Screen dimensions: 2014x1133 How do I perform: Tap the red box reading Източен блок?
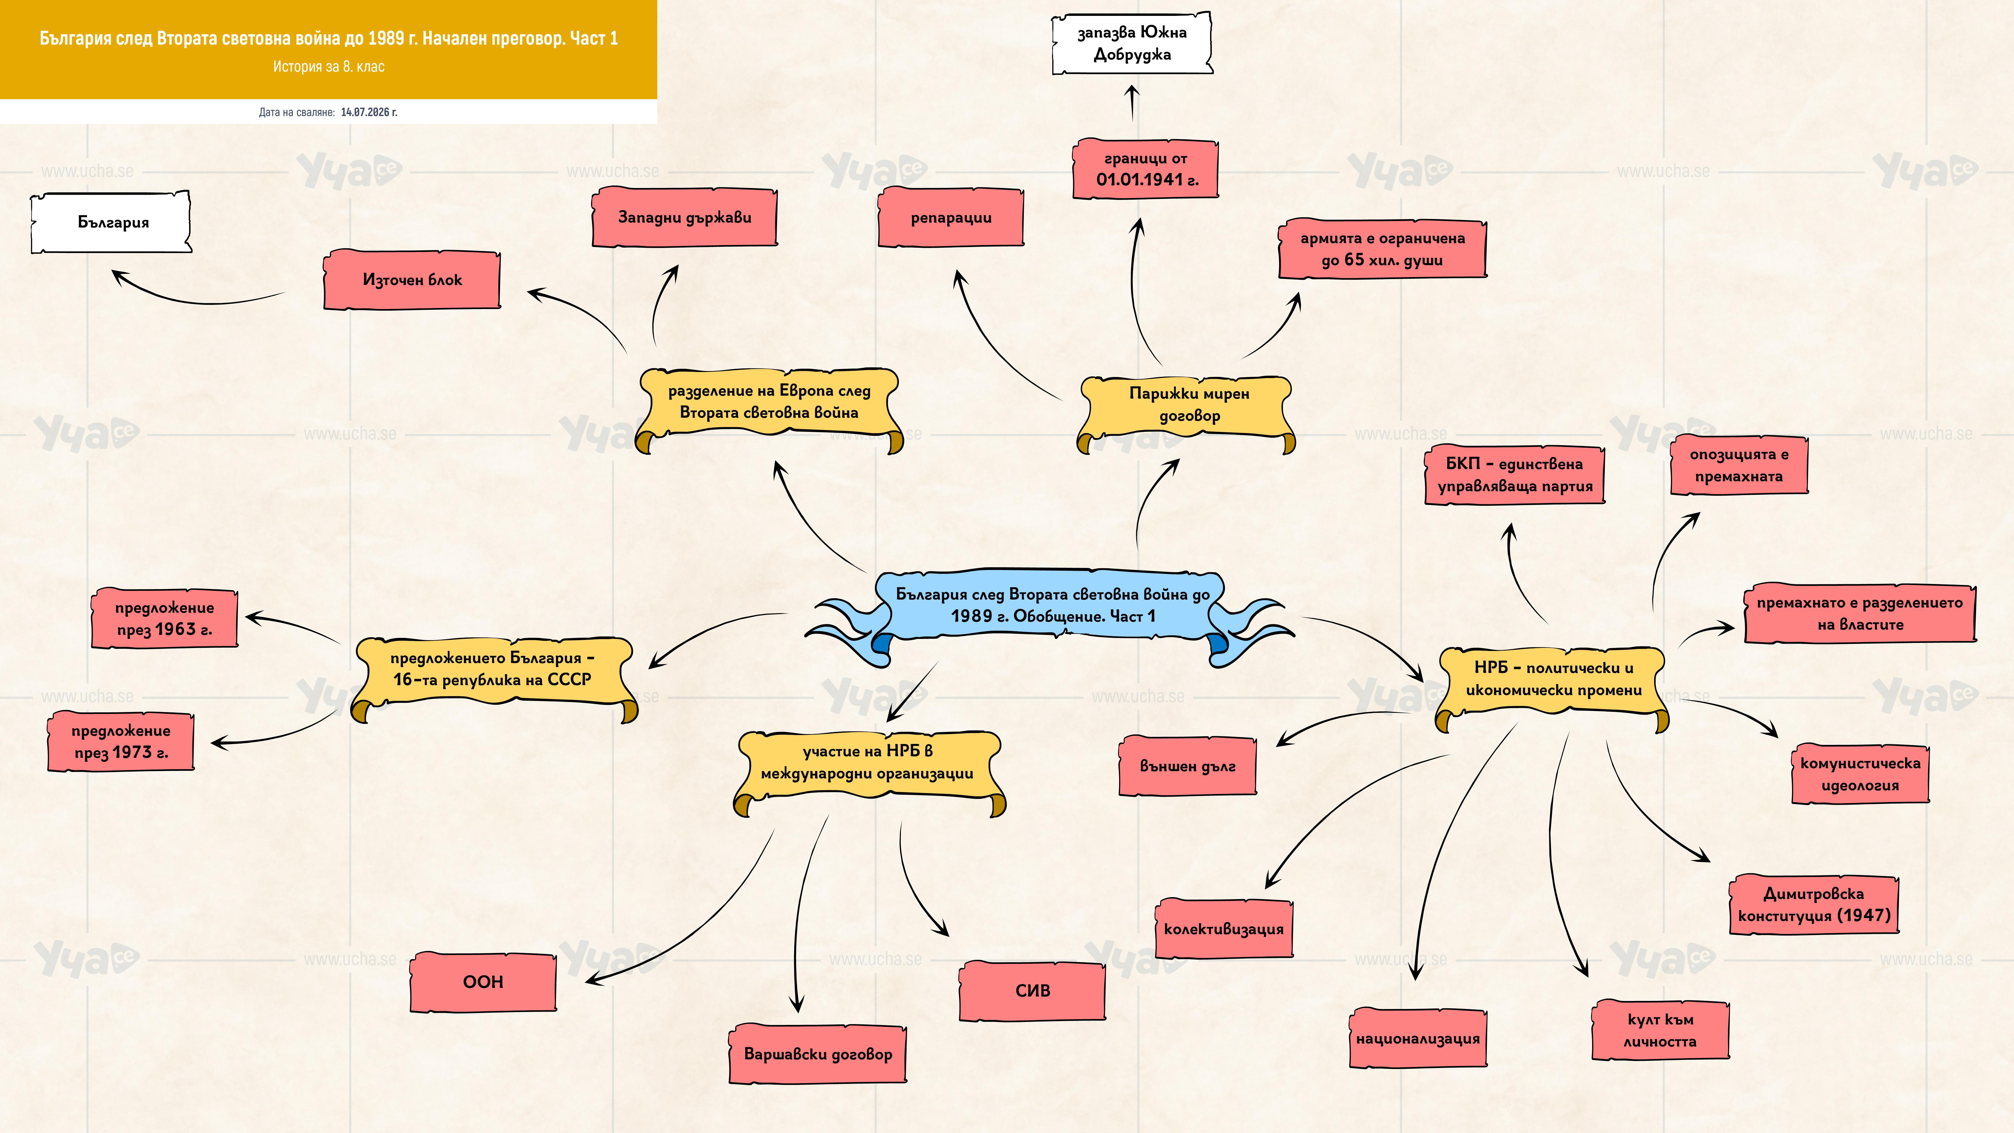[x=412, y=280]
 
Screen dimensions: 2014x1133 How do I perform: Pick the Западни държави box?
[x=685, y=217]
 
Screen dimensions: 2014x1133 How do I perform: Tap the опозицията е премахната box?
[x=1739, y=465]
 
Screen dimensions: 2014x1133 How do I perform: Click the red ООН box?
[x=483, y=982]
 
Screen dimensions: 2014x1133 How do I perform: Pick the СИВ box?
[x=1032, y=991]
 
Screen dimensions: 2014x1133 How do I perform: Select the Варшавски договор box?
[x=818, y=1054]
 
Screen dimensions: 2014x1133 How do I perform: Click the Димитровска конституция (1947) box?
[x=1814, y=905]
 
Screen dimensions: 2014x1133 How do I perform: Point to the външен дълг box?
[x=1188, y=766]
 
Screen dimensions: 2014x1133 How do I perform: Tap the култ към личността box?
[x=1660, y=1031]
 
